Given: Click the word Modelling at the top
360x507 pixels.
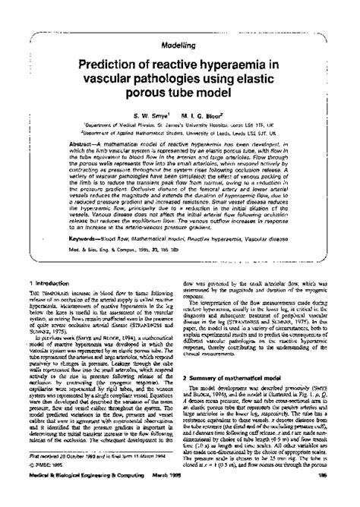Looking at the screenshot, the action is coord(179,46).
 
